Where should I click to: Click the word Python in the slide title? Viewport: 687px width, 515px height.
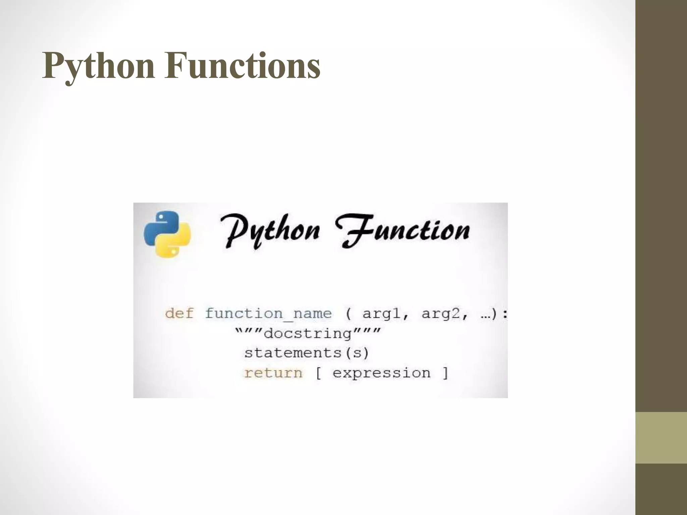[x=98, y=66]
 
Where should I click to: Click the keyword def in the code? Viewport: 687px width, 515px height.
[x=179, y=314]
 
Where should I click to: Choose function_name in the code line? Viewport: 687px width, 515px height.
[x=268, y=314]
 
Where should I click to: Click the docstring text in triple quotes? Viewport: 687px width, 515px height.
[x=308, y=333]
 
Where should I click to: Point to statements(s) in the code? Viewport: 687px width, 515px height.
[x=306, y=353]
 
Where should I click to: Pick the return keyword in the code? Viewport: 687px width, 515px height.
[x=273, y=373]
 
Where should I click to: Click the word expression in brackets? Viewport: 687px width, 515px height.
[x=381, y=373]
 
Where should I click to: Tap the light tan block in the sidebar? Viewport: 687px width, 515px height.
[x=661, y=438]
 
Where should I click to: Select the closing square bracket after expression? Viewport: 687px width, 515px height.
[x=445, y=373]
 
